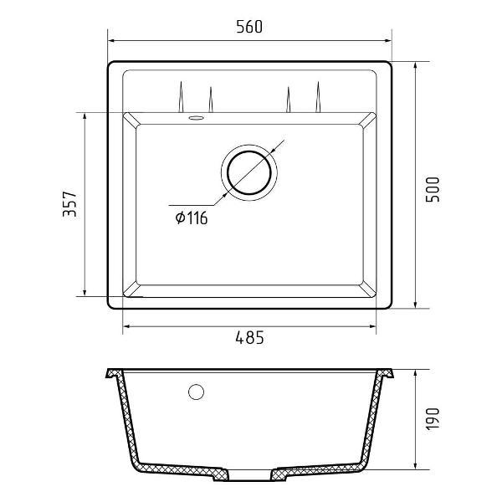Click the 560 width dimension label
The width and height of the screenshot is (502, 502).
249,27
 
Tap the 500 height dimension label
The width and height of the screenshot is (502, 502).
433,189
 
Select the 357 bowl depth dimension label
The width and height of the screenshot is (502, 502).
69,204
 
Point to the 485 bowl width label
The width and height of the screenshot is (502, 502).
249,337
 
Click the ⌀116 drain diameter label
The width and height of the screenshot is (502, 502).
192,218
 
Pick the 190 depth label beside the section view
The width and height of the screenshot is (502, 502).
433,419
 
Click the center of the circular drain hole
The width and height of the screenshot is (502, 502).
249,173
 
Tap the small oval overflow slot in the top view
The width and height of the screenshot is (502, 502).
196,118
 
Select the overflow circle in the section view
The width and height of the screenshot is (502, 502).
197,392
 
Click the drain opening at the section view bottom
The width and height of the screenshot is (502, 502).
249,474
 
